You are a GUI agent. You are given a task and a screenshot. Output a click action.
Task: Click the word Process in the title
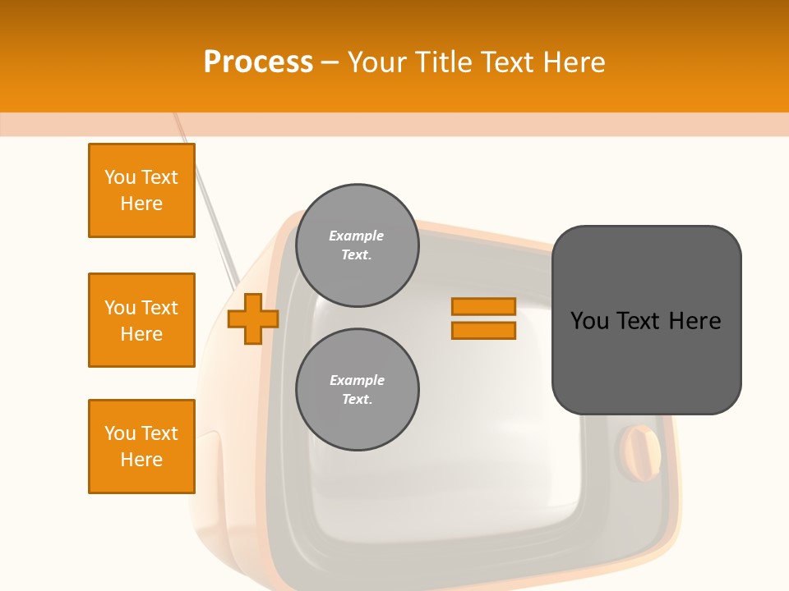click(258, 62)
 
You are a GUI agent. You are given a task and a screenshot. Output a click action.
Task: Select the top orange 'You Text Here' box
click(141, 190)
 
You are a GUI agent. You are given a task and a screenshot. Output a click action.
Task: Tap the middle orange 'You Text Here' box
click(141, 320)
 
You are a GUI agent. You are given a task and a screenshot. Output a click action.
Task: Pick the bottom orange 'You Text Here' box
click(141, 447)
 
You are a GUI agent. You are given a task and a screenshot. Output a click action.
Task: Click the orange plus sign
click(253, 318)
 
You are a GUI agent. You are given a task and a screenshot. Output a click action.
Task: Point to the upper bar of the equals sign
click(483, 307)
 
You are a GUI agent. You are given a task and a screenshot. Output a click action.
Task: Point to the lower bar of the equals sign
click(483, 331)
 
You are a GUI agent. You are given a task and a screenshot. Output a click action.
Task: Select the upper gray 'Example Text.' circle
click(358, 245)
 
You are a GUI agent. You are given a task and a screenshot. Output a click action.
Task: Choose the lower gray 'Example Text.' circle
click(358, 390)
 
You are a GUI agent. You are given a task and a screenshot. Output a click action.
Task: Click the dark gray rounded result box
click(646, 361)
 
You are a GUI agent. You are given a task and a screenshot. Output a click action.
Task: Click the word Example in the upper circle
click(356, 236)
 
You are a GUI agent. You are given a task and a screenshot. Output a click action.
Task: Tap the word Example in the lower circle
click(357, 381)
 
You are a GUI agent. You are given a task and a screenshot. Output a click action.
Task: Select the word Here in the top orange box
click(141, 204)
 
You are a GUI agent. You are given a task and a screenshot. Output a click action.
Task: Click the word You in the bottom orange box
click(119, 433)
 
